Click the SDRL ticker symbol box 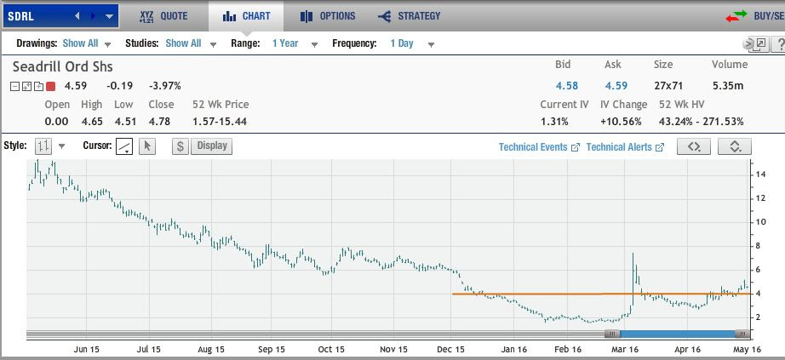click(x=34, y=15)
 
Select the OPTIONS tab click(x=327, y=15)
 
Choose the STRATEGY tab click(x=410, y=15)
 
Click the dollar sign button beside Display click(x=180, y=146)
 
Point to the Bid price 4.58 click(x=566, y=85)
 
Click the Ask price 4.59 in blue click(x=616, y=85)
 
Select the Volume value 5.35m click(x=727, y=85)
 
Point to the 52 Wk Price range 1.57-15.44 click(x=221, y=121)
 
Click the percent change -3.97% click(x=164, y=85)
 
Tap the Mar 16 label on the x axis click(x=625, y=349)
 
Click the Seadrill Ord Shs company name click(x=62, y=66)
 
